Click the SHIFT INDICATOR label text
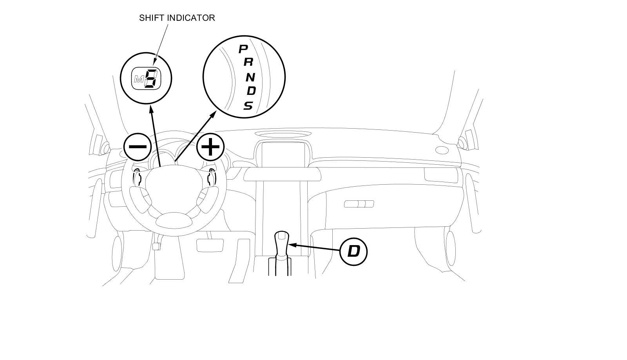[177, 18]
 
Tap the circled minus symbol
[138, 147]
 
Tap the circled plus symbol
[210, 147]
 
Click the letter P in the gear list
[243, 49]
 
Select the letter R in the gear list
[248, 62]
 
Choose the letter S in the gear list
[248, 105]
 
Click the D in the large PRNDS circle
[251, 91]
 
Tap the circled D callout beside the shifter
[353, 251]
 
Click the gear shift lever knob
[281, 237]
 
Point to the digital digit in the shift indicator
[151, 78]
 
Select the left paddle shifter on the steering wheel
[138, 178]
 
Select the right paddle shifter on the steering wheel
[210, 178]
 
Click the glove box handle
[359, 204]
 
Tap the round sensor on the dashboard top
[442, 150]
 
